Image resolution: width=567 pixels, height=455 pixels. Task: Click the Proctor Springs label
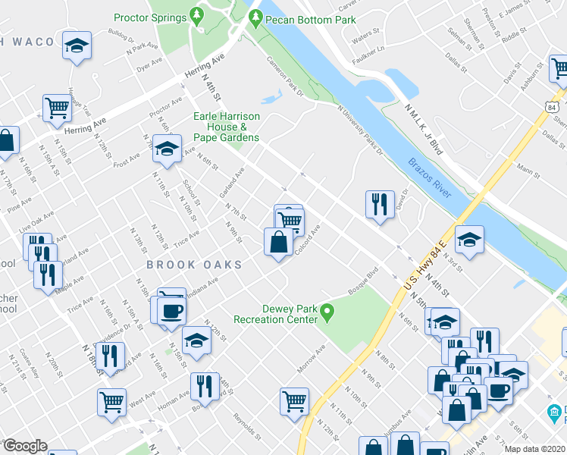click(x=150, y=17)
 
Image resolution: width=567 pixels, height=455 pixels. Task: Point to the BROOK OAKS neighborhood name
click(x=194, y=265)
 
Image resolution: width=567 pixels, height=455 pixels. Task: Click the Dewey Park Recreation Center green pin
click(x=327, y=311)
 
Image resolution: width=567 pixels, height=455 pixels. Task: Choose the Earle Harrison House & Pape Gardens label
click(x=227, y=127)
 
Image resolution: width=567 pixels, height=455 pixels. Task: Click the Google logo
click(x=25, y=446)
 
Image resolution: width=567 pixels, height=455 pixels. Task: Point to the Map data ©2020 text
click(x=537, y=449)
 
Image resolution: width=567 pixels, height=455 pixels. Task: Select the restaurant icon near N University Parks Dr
click(x=380, y=204)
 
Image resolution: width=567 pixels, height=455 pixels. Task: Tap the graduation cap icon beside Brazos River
click(x=469, y=240)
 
